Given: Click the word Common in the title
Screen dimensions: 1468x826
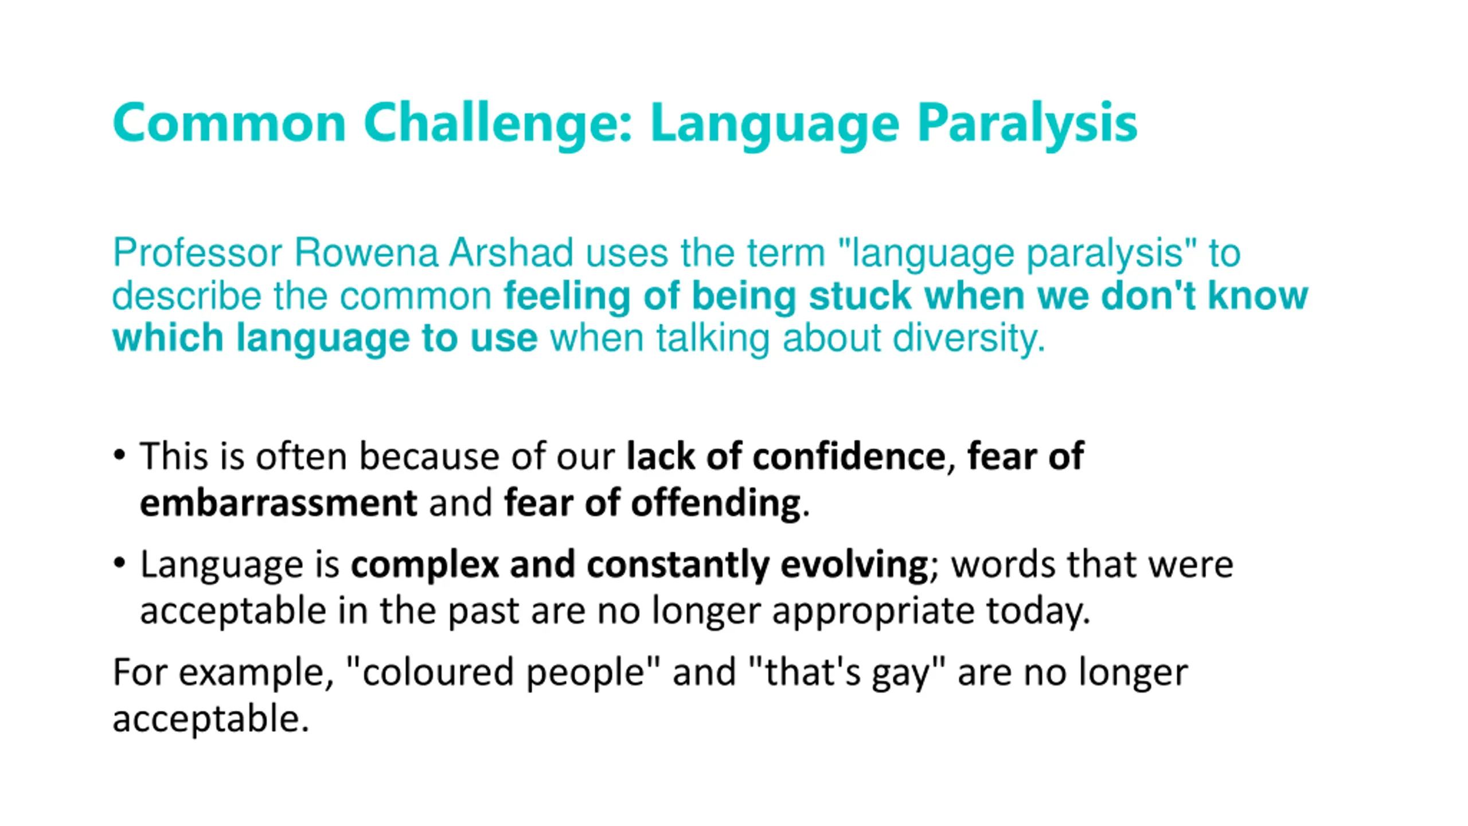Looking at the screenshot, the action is [229, 122].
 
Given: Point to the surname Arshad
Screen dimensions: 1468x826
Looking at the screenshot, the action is [511, 252].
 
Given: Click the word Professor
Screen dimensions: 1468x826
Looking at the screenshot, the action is [197, 252].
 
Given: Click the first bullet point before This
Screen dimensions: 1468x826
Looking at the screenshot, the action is [119, 455].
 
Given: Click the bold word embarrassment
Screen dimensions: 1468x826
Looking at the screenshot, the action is [279, 503].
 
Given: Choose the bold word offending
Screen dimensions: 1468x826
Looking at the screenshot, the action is [716, 503].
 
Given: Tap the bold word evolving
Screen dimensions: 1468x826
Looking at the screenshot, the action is [855, 564].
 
